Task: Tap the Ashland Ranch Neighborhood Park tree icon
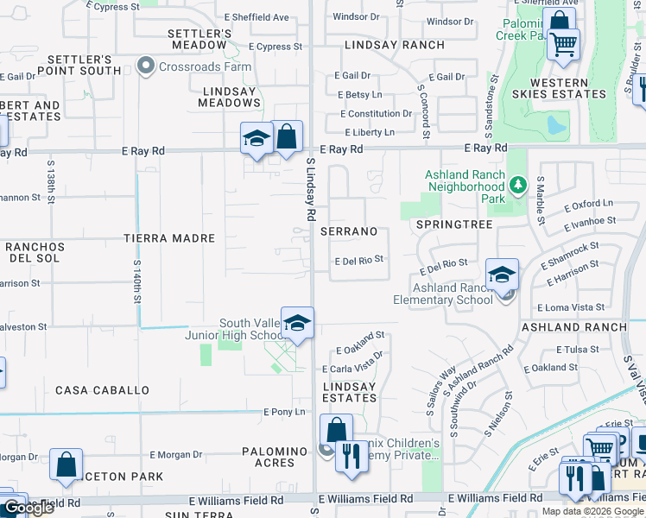pos(517,185)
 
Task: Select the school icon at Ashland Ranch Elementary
pos(502,275)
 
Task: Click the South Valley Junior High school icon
pos(297,324)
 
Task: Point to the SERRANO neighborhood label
pos(349,231)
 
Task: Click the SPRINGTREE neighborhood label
pos(453,224)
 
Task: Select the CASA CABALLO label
pos(102,390)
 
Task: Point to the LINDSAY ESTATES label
pos(350,392)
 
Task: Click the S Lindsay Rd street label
pos(310,187)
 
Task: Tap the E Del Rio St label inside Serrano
pos(358,259)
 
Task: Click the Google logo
pos(28,508)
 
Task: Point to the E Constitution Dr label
pos(377,113)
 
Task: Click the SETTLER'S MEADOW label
pos(199,39)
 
